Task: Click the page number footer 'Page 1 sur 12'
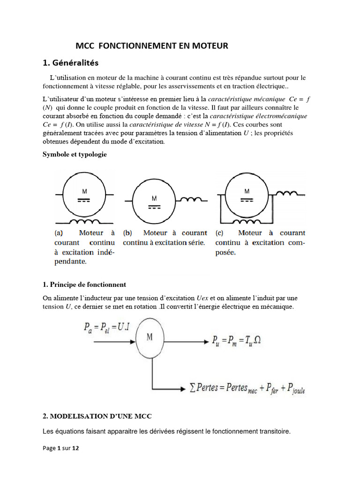(61, 448)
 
